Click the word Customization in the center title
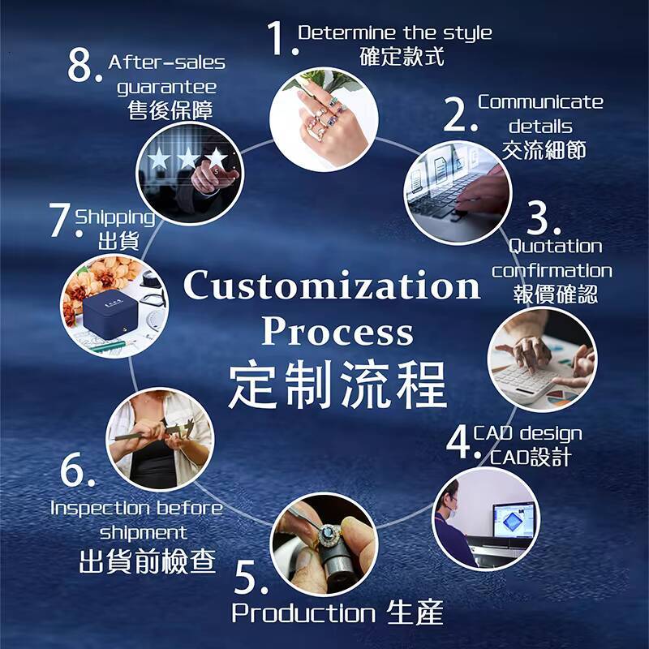pyautogui.click(x=332, y=286)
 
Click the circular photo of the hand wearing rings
pyautogui.click(x=322, y=118)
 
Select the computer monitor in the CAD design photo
pyautogui.click(x=513, y=521)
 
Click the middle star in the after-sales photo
pyautogui.click(x=188, y=157)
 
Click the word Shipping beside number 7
pyautogui.click(x=114, y=217)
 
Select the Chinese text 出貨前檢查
pyautogui.click(x=147, y=561)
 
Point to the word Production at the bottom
pyautogui.click(x=303, y=613)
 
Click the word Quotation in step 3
pyautogui.click(x=555, y=246)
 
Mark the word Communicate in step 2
pyautogui.click(x=540, y=102)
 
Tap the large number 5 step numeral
pyautogui.click(x=251, y=577)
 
